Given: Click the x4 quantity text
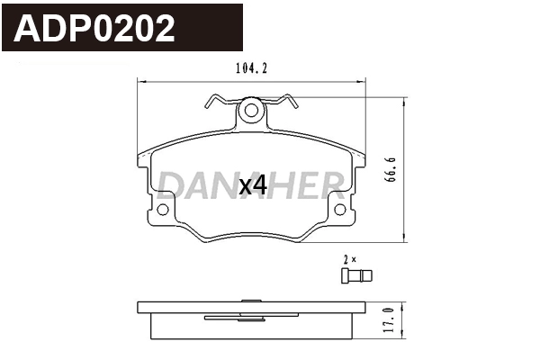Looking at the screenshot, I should click(253, 185).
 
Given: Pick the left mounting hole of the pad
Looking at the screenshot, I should click(162, 210).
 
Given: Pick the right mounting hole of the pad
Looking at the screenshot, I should click(340, 210).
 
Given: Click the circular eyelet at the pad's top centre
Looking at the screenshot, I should click(252, 112).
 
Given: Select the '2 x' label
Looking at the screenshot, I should click(350, 258).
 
